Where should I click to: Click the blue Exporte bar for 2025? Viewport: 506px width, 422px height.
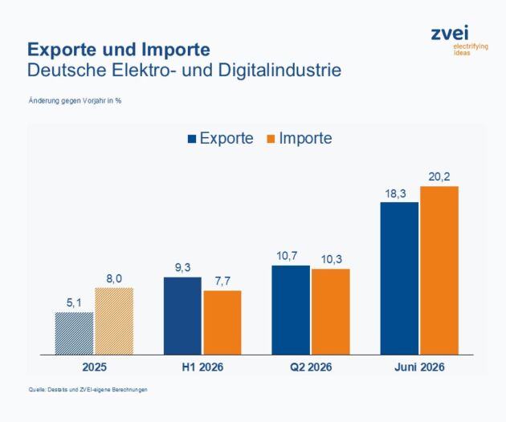[x=74, y=333]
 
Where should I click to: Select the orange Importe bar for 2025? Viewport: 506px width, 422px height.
[x=114, y=322]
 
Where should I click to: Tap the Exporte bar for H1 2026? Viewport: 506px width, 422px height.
[x=182, y=316]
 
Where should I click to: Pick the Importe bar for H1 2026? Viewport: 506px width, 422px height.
[x=222, y=323]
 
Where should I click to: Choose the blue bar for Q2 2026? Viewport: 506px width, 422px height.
[x=291, y=310]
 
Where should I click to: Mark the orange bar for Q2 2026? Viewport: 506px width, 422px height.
[x=331, y=312]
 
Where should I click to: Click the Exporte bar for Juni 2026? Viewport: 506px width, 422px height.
[x=399, y=278]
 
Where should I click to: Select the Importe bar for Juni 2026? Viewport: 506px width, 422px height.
[x=439, y=270]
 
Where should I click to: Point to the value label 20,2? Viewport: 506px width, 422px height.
[x=439, y=177]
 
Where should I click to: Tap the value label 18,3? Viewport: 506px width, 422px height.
[x=396, y=194]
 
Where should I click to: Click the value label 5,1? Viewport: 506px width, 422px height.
[x=74, y=302]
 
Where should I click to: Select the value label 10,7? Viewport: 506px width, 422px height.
[x=287, y=256]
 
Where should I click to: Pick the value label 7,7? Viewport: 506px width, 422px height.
[x=222, y=281]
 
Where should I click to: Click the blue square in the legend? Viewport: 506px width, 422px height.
[x=192, y=139]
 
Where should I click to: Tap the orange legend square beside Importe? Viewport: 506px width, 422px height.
[x=271, y=139]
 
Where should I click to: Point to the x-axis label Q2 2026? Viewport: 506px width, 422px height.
[x=311, y=367]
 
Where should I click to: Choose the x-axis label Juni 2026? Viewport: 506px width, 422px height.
[x=419, y=367]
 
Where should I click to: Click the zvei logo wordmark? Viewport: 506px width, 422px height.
[x=450, y=33]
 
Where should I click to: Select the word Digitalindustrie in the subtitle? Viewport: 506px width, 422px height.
[x=280, y=71]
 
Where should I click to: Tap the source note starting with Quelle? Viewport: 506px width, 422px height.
[x=88, y=389]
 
